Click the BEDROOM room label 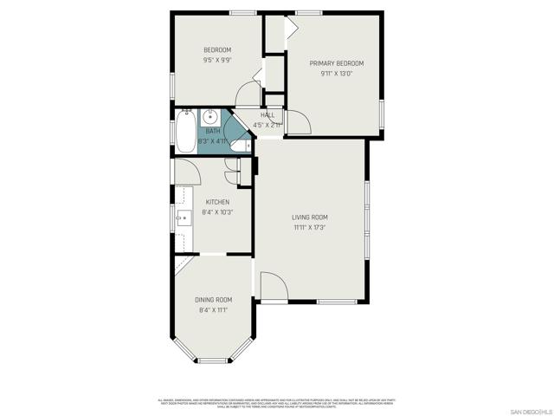pos(217,50)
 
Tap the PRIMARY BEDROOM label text pos(337,63)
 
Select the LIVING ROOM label pos(309,217)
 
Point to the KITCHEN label pos(216,202)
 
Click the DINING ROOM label pos(213,299)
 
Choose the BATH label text pos(212,131)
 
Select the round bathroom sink pos(210,117)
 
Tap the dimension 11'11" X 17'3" pos(309,227)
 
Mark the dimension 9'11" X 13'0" pos(337,74)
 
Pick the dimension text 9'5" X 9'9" pos(217,61)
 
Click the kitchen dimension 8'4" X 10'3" pos(216,212)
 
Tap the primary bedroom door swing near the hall pos(297,123)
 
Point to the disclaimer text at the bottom pos(276,403)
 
